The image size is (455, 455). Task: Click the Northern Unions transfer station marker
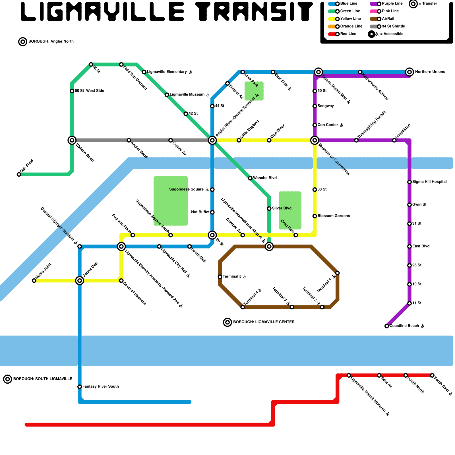pos(409,72)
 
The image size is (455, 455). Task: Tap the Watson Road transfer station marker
pos(72,140)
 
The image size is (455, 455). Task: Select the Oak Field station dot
pos(19,174)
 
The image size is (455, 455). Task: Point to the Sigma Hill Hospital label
pos(429,182)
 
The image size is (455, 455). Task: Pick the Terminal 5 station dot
pos(220,277)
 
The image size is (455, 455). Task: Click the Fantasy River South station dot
pos(80,387)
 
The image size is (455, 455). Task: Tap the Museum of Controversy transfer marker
pos(315,140)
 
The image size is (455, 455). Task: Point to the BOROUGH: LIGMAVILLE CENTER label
pos(264,322)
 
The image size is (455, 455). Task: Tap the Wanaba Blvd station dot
pos(250,178)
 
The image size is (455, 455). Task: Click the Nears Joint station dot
pos(34,281)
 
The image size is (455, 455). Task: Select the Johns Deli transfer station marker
pos(80,281)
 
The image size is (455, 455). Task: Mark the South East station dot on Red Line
pos(432,376)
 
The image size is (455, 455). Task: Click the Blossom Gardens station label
pos(334,216)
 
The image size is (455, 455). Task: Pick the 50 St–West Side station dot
pos(72,91)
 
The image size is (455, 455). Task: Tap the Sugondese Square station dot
pos(212,190)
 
